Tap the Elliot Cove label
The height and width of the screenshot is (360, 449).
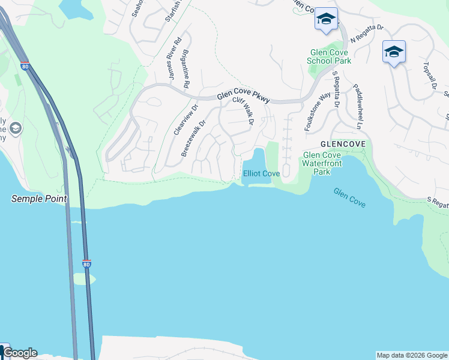pyautogui.click(x=261, y=173)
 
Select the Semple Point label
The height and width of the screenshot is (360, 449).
pyautogui.click(x=39, y=199)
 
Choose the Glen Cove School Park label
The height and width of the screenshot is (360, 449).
pyautogui.click(x=329, y=56)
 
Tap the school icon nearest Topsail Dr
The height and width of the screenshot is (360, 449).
pyautogui.click(x=394, y=52)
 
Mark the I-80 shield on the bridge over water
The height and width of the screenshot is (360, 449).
pyautogui.click(x=87, y=263)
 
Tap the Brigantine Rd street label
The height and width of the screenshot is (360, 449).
pyautogui.click(x=187, y=69)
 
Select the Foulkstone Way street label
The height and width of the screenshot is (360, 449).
pyautogui.click(x=318, y=107)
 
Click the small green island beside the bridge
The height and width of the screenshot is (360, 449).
pyautogui.click(x=84, y=279)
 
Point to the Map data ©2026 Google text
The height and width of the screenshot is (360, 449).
pyautogui.click(x=411, y=355)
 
